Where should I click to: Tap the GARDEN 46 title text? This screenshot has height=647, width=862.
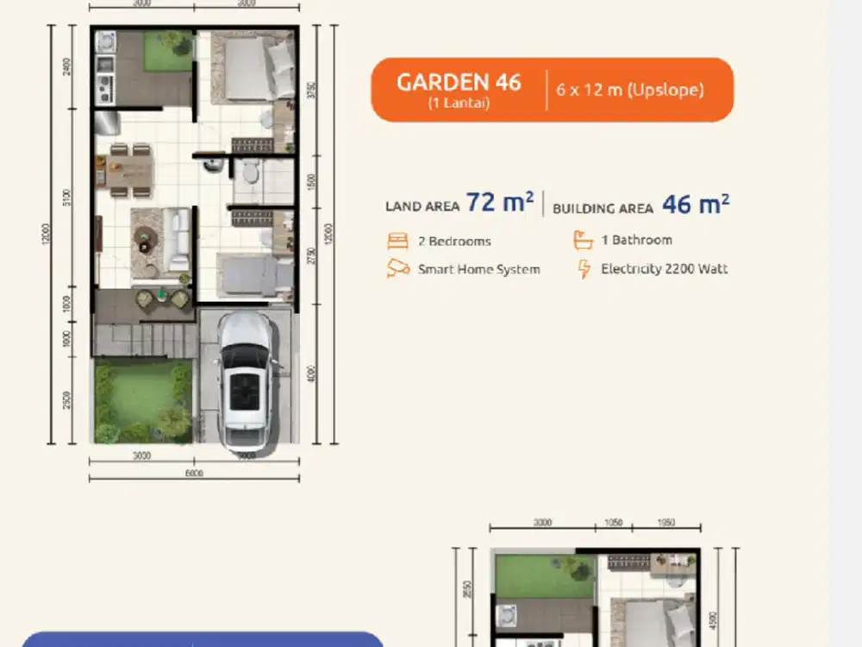point(459,82)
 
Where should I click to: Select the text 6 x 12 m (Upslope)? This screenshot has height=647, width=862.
point(630,90)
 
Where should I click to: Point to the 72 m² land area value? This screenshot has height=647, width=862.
point(500,203)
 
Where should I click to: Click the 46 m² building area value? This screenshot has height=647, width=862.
point(696,204)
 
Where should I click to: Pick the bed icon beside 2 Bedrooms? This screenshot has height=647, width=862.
point(397,241)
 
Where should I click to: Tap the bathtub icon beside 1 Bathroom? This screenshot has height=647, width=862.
point(584,240)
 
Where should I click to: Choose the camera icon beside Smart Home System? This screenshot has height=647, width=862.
point(397,268)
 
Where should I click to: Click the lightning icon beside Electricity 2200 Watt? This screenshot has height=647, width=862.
point(584,268)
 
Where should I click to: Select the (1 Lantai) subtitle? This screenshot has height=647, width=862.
point(459,104)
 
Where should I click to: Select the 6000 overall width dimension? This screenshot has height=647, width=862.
point(194,472)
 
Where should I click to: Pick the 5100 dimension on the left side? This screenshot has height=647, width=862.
point(68,197)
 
